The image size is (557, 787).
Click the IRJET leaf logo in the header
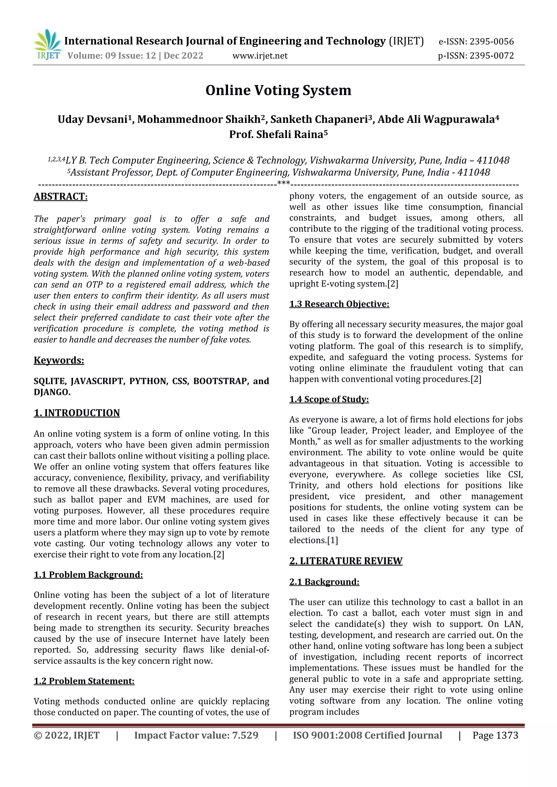48,45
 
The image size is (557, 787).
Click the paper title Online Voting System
278,90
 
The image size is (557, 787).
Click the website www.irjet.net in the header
260,55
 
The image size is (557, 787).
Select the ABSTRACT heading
60,196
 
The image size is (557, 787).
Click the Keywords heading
59,360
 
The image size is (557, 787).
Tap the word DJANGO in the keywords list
51,392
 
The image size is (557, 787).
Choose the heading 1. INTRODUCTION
76,413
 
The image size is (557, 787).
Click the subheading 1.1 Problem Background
88,574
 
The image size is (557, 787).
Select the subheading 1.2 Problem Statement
84,681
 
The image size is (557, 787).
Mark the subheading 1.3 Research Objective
339,304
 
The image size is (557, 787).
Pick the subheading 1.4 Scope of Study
329,399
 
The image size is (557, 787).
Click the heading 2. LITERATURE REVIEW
346,561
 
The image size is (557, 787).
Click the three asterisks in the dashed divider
283,184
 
